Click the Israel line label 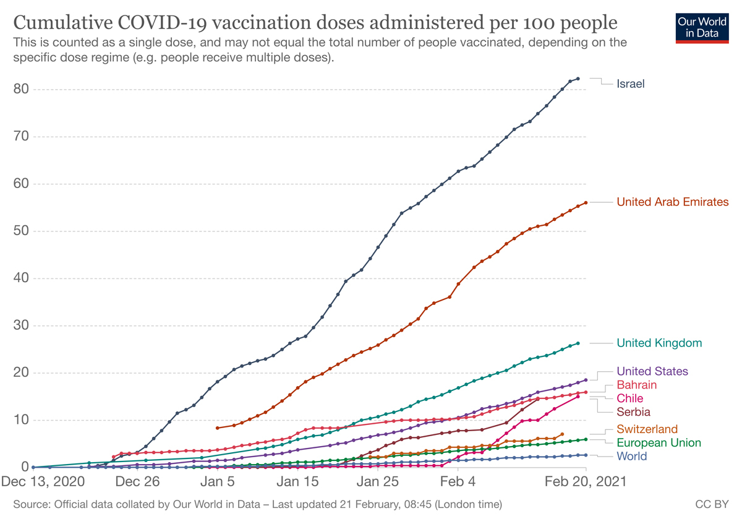(630, 84)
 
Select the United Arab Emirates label (673, 202)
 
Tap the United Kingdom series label (659, 343)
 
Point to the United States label (652, 371)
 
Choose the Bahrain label (637, 385)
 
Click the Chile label (629, 398)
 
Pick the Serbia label (633, 411)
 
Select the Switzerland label (647, 429)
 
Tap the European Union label (659, 443)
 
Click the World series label (631, 457)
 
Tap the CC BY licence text (712, 505)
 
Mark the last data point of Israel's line (578, 79)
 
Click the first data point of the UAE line (217, 428)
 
